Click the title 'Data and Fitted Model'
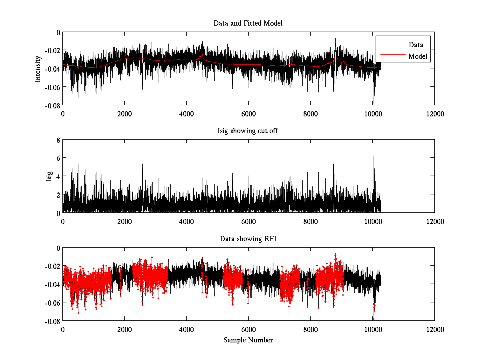(248, 23)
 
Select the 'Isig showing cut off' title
(248, 131)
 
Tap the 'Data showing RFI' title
(248, 239)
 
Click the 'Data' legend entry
(416, 44)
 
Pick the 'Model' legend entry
(418, 56)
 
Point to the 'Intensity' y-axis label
(38, 68)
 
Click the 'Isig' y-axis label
(49, 176)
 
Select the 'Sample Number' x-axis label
(248, 340)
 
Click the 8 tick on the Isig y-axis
(58, 140)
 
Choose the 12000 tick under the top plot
(434, 114)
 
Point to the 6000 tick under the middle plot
(248, 221)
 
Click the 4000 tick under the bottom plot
(186, 329)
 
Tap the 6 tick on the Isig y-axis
(58, 158)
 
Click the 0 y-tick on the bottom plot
(58, 248)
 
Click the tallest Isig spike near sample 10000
(374, 156)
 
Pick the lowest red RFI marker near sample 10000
(374, 319)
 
